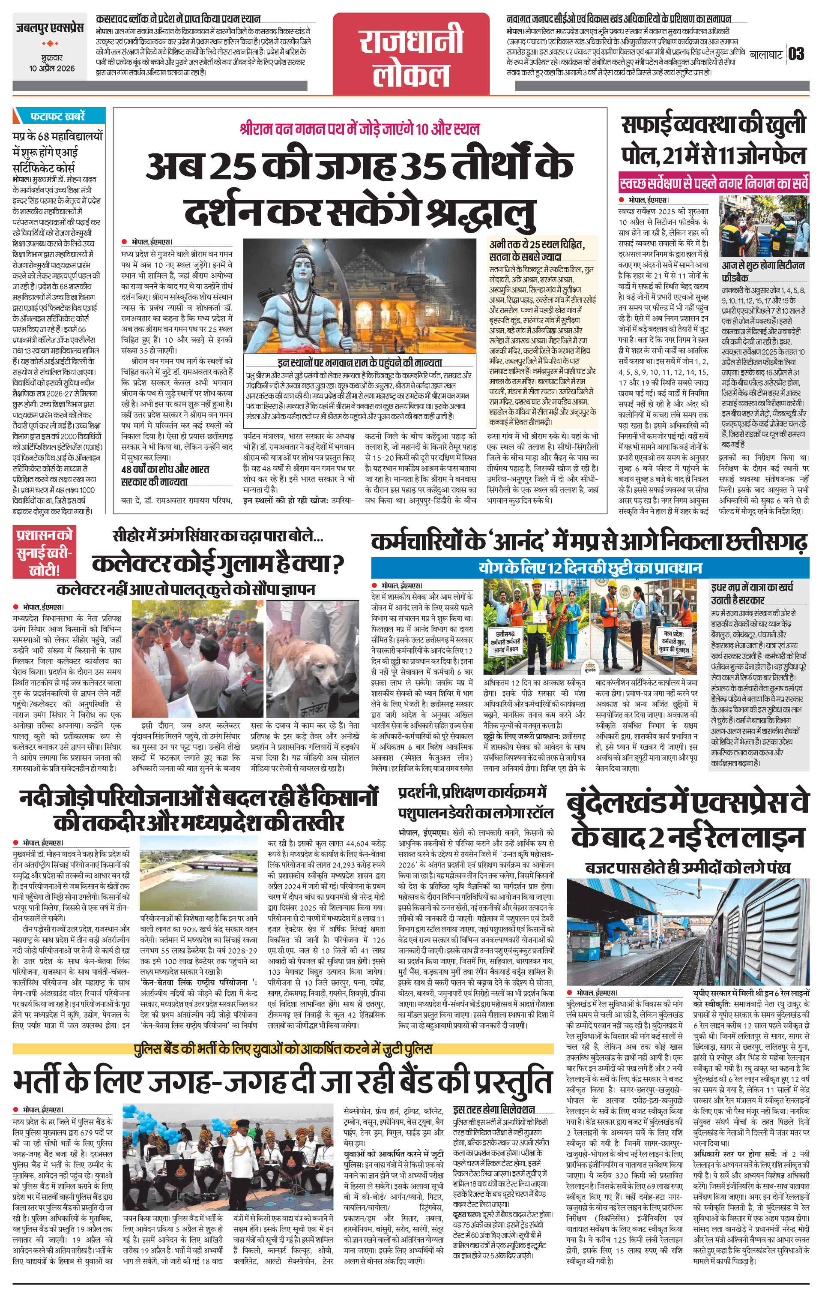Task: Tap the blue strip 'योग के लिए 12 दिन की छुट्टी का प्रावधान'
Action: (x=590, y=568)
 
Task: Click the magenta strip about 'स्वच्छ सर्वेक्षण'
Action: (x=713, y=184)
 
